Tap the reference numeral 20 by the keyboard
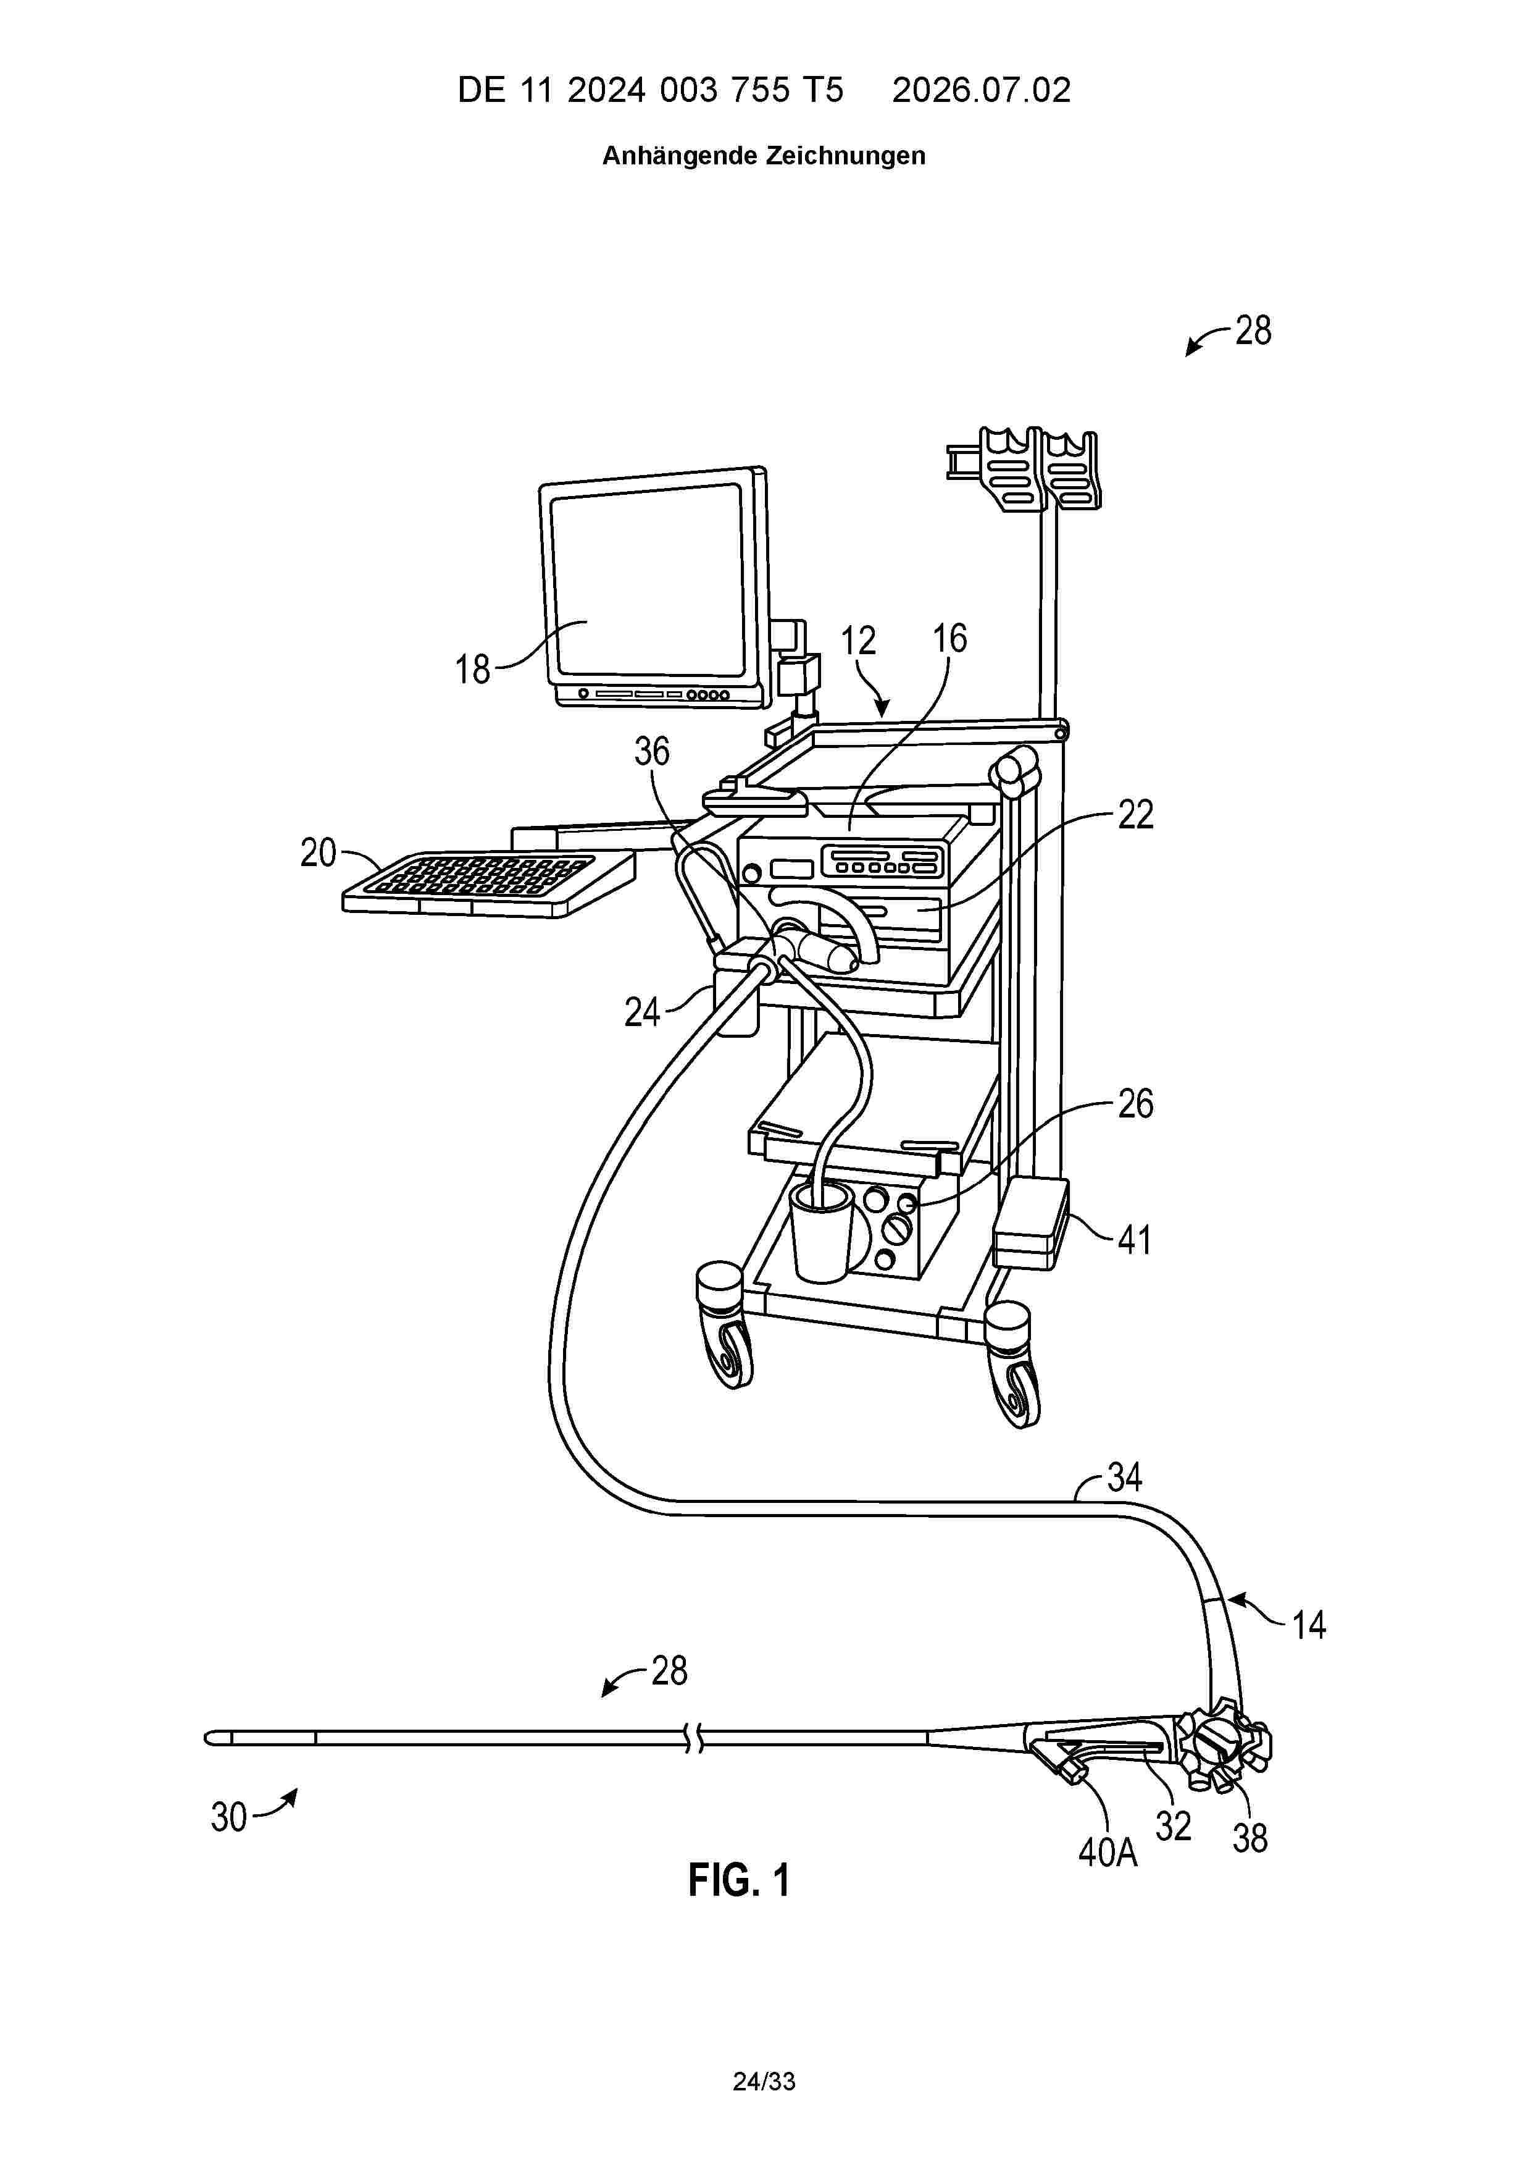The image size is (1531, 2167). (x=319, y=852)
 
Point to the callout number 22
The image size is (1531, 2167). (x=1135, y=815)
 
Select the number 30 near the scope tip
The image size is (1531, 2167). (x=228, y=1817)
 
